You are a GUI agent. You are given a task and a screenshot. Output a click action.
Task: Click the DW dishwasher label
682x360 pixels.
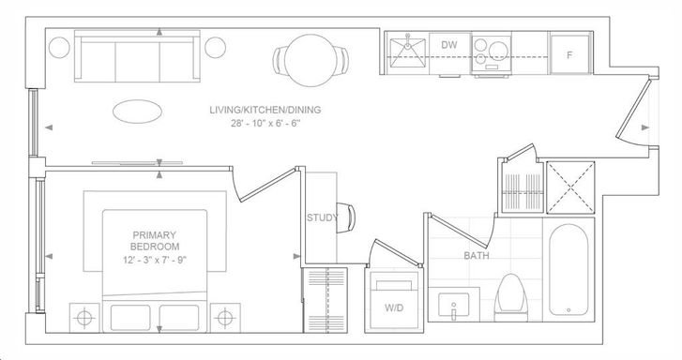pos(448,45)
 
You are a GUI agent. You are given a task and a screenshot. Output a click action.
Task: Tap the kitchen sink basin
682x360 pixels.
pos(407,52)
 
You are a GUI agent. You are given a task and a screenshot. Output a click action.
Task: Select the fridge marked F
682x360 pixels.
pos(569,54)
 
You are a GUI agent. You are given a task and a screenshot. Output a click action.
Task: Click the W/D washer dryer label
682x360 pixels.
pos(394,307)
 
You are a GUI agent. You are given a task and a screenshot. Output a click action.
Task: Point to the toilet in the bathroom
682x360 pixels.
pos(511,298)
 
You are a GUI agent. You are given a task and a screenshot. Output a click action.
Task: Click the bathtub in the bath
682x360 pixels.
pos(568,270)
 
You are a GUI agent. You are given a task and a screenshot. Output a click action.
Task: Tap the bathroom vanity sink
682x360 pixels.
pos(454,305)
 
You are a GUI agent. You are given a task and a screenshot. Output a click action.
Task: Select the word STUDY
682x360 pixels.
pos(323,217)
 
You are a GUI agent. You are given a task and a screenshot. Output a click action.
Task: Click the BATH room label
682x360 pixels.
pos(477,256)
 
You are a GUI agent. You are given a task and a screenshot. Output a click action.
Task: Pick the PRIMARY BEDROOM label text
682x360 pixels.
pos(155,241)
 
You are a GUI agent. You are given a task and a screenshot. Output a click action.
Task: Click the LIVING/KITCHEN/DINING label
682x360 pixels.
pos(265,110)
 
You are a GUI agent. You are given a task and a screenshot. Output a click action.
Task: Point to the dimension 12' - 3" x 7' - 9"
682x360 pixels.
pos(155,261)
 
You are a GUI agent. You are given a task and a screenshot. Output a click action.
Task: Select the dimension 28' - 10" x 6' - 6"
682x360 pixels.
pos(265,124)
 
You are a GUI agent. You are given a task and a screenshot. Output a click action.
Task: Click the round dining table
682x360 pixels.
pos(311,60)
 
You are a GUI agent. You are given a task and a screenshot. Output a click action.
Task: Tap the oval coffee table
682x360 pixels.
pos(138,112)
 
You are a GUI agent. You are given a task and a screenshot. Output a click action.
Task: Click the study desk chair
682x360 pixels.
pos(346,217)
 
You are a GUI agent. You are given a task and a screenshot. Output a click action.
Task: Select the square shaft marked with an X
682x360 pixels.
pos(570,187)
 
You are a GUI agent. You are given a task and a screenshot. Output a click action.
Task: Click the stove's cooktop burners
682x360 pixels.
pos(492,52)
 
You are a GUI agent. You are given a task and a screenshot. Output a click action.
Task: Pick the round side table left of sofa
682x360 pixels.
pos(59,48)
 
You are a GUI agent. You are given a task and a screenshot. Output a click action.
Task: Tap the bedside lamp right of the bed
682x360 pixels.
pos(225,318)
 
